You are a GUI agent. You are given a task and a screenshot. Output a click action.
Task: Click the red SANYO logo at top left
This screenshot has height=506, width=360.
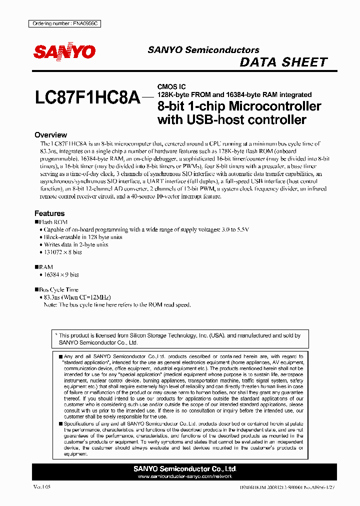(64, 51)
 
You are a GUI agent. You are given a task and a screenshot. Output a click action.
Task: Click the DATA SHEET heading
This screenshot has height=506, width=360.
(283, 62)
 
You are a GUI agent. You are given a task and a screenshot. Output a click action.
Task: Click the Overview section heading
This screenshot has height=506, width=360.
(50, 135)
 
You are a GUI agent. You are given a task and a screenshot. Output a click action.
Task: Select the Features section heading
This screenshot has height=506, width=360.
(49, 213)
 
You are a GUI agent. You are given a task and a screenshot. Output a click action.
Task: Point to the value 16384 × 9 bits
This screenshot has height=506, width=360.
(61, 275)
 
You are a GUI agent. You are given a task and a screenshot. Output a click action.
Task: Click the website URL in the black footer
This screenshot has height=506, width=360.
(184, 476)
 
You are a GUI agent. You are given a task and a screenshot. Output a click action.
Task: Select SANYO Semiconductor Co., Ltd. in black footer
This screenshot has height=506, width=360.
(184, 469)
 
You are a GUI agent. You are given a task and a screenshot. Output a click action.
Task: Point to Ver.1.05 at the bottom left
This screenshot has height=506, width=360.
(42, 486)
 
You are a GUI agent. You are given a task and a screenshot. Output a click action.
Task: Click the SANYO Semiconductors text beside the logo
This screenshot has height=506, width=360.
(203, 50)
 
